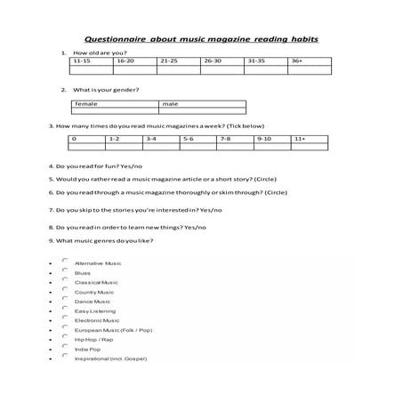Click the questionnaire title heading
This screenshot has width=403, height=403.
[201, 39]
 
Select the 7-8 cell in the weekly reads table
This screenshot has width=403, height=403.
[235, 140]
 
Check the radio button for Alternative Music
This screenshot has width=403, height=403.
[65, 261]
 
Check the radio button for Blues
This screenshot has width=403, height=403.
[65, 270]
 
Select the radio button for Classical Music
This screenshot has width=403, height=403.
[65, 280]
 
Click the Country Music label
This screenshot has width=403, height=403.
[94, 292]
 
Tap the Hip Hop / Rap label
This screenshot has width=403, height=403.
[93, 339]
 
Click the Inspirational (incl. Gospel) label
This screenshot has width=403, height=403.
[110, 359]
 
